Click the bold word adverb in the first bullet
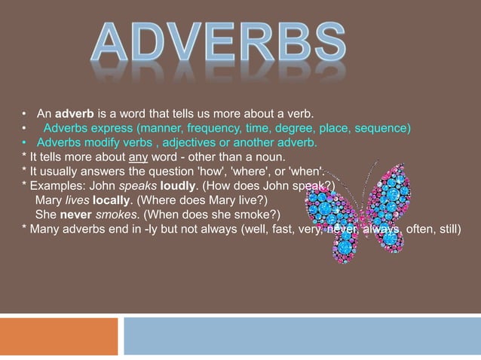pos(74,114)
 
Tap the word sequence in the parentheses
pos(383,128)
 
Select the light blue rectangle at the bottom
pos(302,336)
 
